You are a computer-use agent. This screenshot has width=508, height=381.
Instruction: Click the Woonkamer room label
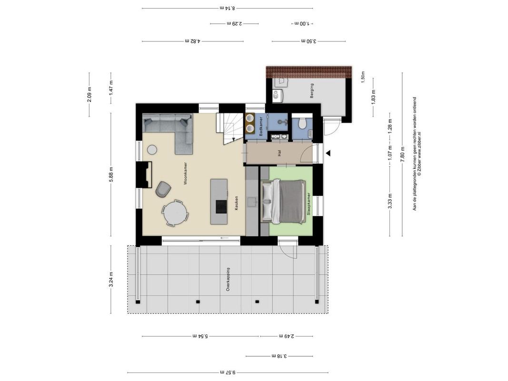[185, 173]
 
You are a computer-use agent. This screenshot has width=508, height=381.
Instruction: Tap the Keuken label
[237, 203]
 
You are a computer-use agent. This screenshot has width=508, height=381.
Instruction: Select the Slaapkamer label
[309, 204]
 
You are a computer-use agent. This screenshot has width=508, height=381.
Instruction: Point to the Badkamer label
[261, 126]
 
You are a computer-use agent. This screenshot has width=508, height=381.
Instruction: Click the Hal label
[279, 153]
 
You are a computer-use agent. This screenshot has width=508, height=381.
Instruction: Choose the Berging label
[312, 90]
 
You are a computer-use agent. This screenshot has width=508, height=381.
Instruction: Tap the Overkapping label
[228, 279]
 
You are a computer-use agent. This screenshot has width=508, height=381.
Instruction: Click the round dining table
[175, 213]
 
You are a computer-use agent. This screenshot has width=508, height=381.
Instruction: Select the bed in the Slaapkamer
[283, 202]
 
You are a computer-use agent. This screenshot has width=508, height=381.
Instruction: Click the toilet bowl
[302, 123]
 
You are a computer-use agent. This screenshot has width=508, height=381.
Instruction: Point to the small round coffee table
[152, 150]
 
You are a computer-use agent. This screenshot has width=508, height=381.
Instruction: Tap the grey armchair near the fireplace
[163, 190]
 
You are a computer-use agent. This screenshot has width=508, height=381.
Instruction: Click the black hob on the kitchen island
[221, 207]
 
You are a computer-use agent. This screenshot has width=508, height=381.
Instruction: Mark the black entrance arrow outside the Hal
[328, 153]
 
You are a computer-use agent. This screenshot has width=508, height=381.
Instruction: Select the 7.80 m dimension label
[402, 154]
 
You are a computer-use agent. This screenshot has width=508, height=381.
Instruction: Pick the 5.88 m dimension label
[111, 174]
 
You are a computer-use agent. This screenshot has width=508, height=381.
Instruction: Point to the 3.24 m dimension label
[111, 279]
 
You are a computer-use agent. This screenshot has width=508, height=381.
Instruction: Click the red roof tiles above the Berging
[309, 72]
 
